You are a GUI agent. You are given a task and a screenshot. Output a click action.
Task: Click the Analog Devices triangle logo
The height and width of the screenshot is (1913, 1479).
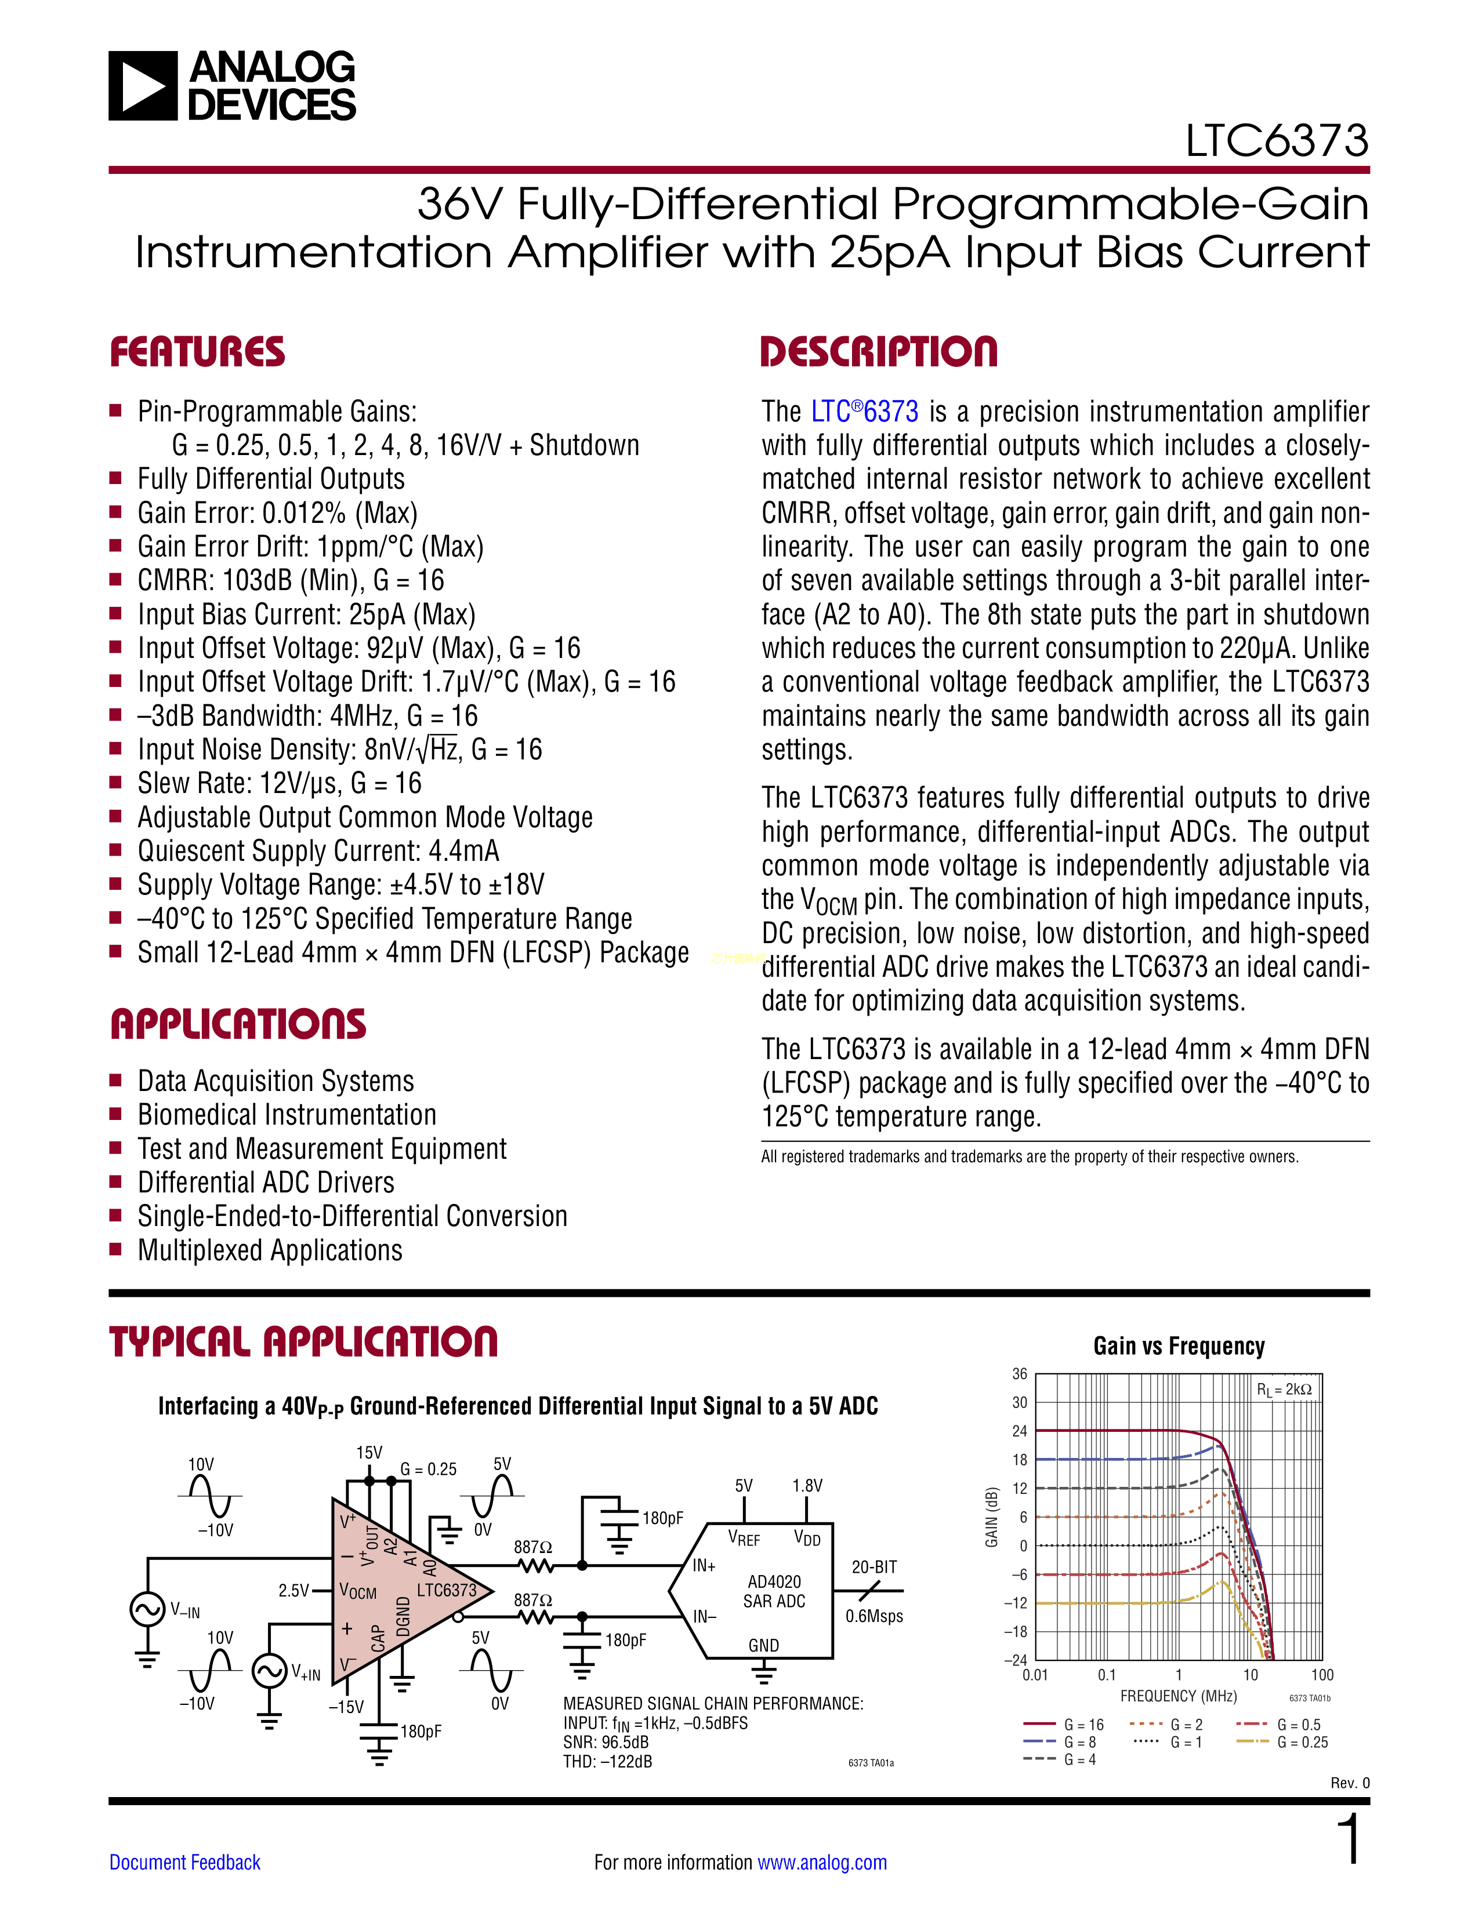pyautogui.click(x=142, y=86)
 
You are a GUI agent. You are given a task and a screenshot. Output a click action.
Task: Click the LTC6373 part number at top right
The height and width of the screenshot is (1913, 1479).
pyautogui.click(x=1277, y=140)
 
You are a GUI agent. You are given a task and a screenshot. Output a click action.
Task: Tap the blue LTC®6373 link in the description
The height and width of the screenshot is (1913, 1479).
pyautogui.click(x=864, y=411)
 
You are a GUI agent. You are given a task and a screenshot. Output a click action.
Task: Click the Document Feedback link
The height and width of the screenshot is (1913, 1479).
pyautogui.click(x=185, y=1862)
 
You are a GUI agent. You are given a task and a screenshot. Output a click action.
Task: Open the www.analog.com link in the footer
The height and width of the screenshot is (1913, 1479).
pyautogui.click(x=822, y=1862)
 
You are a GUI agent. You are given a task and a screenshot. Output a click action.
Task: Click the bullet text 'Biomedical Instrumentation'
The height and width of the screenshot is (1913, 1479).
pyautogui.click(x=287, y=1115)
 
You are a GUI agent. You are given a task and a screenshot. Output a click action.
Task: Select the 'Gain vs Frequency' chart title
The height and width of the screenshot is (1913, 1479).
pyautogui.click(x=1179, y=1346)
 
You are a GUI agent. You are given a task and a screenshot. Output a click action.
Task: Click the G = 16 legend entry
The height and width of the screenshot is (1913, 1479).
pyautogui.click(x=1064, y=1724)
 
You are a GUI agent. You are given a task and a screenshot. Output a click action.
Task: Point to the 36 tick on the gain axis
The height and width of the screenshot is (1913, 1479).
pyautogui.click(x=1019, y=1373)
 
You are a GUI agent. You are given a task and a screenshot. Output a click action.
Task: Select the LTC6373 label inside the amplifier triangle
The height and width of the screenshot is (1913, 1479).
pyautogui.click(x=446, y=1590)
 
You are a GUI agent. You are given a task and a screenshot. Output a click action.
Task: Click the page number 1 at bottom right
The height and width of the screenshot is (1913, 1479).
pyautogui.click(x=1350, y=1839)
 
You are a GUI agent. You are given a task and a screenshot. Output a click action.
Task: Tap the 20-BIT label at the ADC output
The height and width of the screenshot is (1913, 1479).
pyautogui.click(x=873, y=1567)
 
